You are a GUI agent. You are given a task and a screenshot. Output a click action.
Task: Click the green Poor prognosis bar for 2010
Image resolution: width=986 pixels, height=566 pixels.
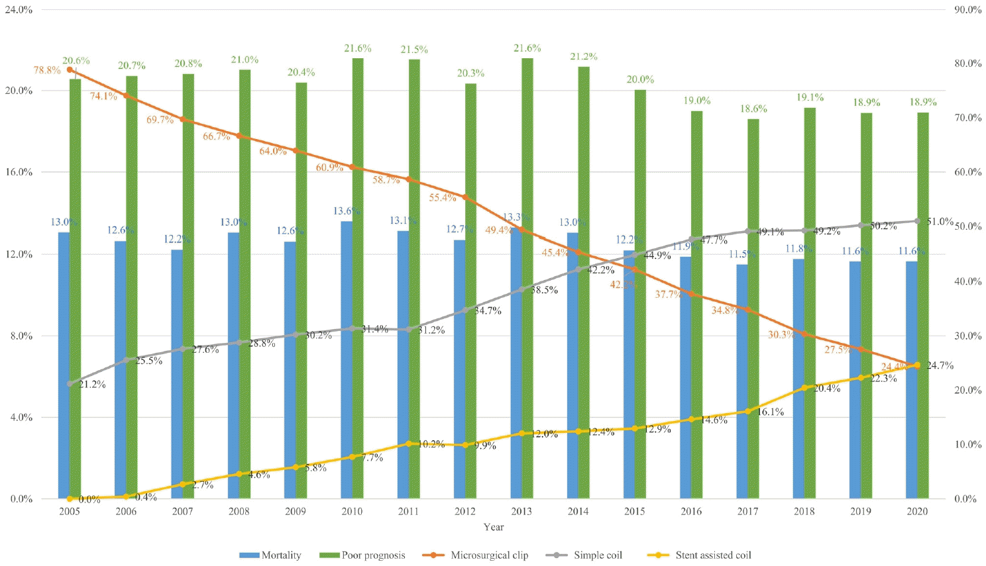click(358, 278)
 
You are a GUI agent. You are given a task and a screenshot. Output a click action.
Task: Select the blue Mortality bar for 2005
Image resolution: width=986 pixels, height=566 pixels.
click(64, 364)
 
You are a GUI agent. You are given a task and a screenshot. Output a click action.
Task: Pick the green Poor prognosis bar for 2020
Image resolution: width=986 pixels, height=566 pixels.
click(923, 305)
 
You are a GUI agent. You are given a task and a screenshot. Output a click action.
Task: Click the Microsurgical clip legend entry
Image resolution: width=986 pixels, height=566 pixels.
click(475, 555)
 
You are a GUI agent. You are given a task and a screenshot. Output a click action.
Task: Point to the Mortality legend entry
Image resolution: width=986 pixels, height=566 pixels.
click(270, 555)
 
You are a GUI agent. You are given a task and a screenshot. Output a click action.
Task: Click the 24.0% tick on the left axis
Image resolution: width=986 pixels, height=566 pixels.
click(19, 10)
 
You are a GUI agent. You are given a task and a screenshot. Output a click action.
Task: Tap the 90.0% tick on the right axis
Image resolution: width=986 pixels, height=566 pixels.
click(967, 10)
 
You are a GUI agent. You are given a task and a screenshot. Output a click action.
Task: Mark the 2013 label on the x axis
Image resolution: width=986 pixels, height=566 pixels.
click(521, 511)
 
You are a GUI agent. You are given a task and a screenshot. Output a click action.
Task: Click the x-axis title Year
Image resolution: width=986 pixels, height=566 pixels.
click(493, 527)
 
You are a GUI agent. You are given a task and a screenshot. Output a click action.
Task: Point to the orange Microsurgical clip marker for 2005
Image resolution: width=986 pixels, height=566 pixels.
click(70, 70)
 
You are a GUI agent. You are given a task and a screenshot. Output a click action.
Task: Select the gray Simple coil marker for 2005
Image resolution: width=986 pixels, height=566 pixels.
click(70, 384)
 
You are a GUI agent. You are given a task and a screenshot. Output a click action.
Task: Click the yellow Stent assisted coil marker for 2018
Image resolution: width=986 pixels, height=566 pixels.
click(804, 388)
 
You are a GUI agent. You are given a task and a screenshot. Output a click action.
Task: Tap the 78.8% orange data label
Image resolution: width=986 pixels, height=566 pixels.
click(47, 70)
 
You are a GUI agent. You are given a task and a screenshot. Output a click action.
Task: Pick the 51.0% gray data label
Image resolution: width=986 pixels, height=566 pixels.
click(940, 222)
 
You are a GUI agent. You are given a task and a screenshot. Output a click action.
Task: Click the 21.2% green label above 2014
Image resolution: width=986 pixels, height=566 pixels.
click(584, 57)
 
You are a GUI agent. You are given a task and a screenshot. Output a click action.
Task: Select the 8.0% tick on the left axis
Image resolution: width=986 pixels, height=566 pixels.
click(21, 336)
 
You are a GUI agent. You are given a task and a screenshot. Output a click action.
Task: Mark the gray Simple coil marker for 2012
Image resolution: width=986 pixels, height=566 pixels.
click(465, 310)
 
